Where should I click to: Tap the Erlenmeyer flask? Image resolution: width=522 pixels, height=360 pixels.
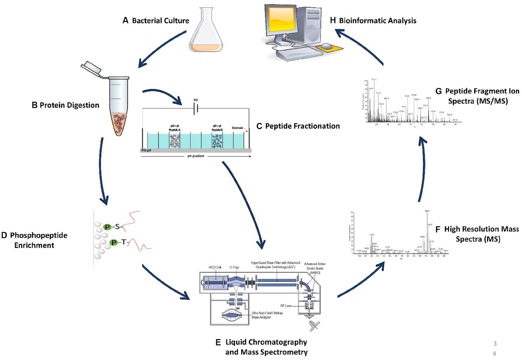[206, 33]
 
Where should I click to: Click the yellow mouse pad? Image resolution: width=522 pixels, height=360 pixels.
[330, 48]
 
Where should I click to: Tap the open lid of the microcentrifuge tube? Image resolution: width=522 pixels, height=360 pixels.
[92, 67]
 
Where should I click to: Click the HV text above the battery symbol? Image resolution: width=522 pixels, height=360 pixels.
[196, 100]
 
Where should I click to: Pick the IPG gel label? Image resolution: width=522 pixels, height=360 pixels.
[146, 150]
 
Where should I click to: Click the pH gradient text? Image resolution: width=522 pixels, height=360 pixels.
[196, 156]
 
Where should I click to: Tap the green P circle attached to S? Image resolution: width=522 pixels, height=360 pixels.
[107, 227]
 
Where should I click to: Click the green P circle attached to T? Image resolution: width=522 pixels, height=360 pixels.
[114, 242]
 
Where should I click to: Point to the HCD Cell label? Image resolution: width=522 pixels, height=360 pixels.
[215, 267]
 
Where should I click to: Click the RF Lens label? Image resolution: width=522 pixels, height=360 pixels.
[286, 306]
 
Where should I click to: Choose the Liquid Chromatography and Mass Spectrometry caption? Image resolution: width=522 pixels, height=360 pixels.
[266, 347]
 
